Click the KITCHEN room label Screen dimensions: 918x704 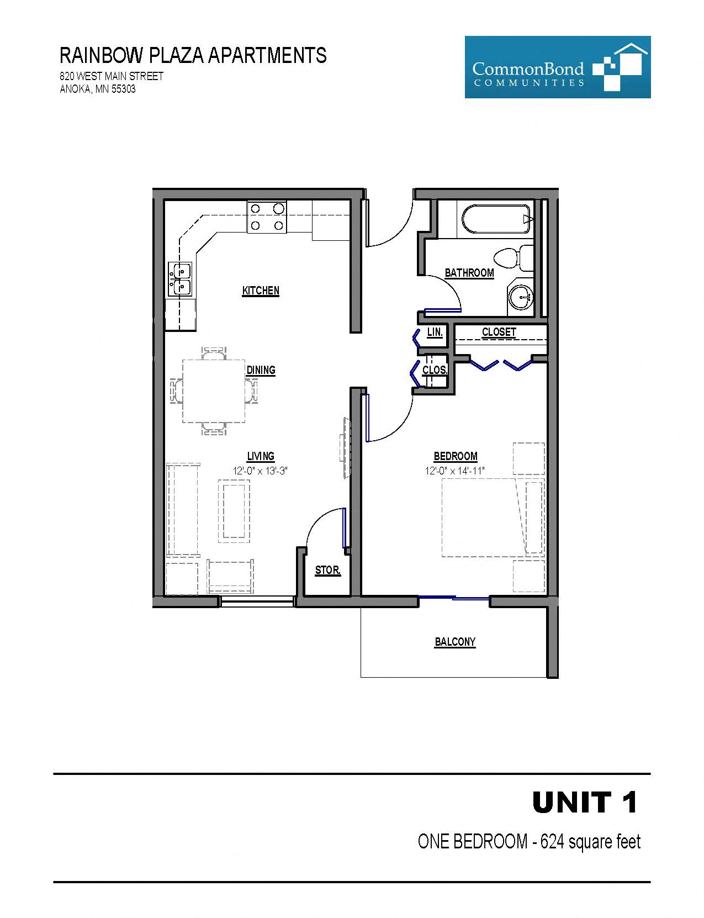point(261,291)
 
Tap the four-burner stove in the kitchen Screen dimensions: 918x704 point(267,217)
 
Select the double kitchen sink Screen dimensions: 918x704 point(180,279)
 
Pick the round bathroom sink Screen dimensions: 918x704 point(520,298)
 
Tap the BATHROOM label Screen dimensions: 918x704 point(469,273)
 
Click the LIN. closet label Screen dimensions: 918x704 point(435,333)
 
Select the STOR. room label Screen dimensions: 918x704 point(327,570)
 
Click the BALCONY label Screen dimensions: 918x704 point(455,642)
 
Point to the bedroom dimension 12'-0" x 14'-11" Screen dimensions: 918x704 point(454,471)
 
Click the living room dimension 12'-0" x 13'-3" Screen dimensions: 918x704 point(261,471)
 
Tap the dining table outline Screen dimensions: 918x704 point(214,391)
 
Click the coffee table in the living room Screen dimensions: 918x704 point(234,511)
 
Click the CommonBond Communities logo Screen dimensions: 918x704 point(557,67)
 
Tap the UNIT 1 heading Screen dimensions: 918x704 point(585,803)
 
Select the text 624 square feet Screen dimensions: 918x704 point(590,842)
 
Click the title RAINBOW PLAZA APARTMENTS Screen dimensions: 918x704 point(193,56)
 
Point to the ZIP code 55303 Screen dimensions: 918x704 point(124,89)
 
